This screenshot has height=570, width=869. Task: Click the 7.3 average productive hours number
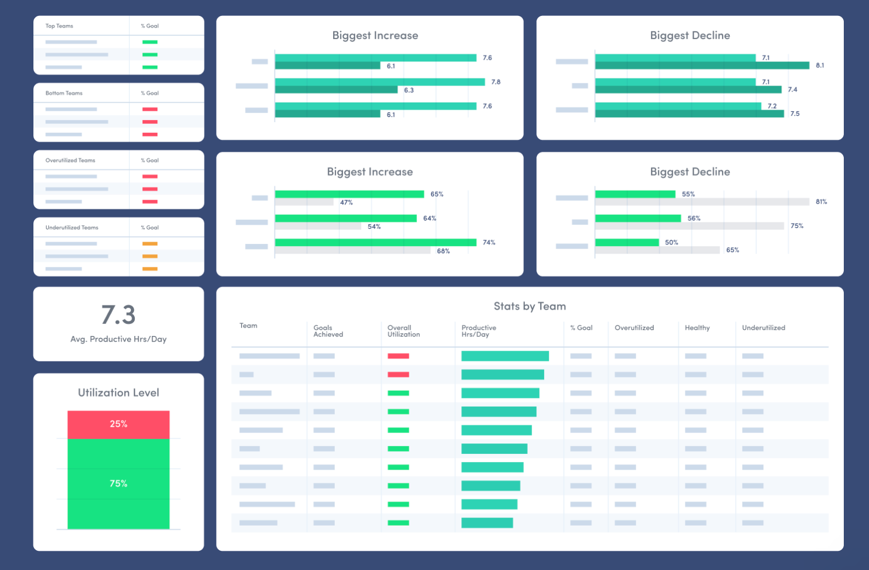tap(118, 315)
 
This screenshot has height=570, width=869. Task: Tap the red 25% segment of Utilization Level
tap(118, 424)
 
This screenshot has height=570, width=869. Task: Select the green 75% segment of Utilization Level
tap(118, 483)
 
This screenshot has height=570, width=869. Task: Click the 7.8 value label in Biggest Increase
tap(496, 82)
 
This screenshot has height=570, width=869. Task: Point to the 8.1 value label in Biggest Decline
tap(820, 65)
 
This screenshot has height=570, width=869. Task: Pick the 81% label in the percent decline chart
tap(821, 202)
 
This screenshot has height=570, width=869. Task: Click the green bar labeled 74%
tap(375, 242)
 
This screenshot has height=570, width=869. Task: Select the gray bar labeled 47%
tap(304, 202)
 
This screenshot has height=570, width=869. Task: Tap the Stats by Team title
tap(529, 306)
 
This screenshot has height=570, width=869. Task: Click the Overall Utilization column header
tap(403, 331)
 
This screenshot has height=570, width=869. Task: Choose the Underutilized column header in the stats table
tap(763, 328)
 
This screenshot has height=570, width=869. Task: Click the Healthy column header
tap(697, 328)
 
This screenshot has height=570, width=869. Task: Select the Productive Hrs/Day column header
tap(478, 331)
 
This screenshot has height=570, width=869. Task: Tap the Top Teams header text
tap(59, 26)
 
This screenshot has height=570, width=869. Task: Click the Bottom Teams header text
tap(64, 93)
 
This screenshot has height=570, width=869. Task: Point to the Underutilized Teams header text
tap(72, 227)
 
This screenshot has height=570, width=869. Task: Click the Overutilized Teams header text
tap(70, 161)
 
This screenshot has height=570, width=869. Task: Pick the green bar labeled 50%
tap(627, 242)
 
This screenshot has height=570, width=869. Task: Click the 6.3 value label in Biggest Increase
tap(409, 90)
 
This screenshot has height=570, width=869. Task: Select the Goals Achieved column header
tap(328, 331)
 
